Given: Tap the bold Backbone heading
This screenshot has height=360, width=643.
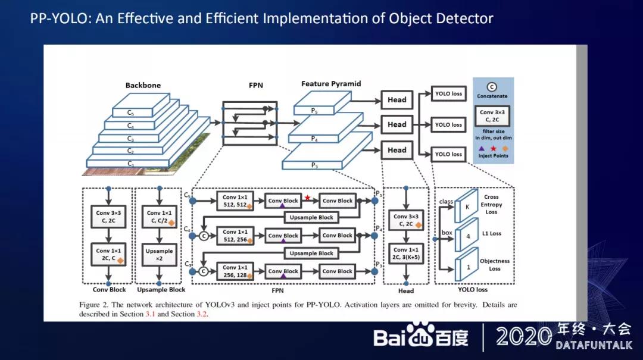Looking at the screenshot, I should tap(143, 85).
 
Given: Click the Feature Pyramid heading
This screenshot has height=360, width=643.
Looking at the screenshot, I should tap(331, 84).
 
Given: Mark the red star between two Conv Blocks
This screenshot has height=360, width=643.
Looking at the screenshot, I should tap(308, 197).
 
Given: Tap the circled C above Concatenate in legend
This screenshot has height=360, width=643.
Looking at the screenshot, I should tap(492, 87).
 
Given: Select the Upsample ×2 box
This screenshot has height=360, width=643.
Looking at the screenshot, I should tap(159, 255).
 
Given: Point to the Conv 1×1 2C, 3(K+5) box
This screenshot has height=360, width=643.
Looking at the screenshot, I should tap(406, 254).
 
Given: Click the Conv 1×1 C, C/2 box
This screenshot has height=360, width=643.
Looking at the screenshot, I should tap(159, 217).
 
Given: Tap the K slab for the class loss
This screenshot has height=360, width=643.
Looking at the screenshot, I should tap(467, 206).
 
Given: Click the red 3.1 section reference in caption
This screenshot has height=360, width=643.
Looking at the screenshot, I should tap(152, 314).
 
